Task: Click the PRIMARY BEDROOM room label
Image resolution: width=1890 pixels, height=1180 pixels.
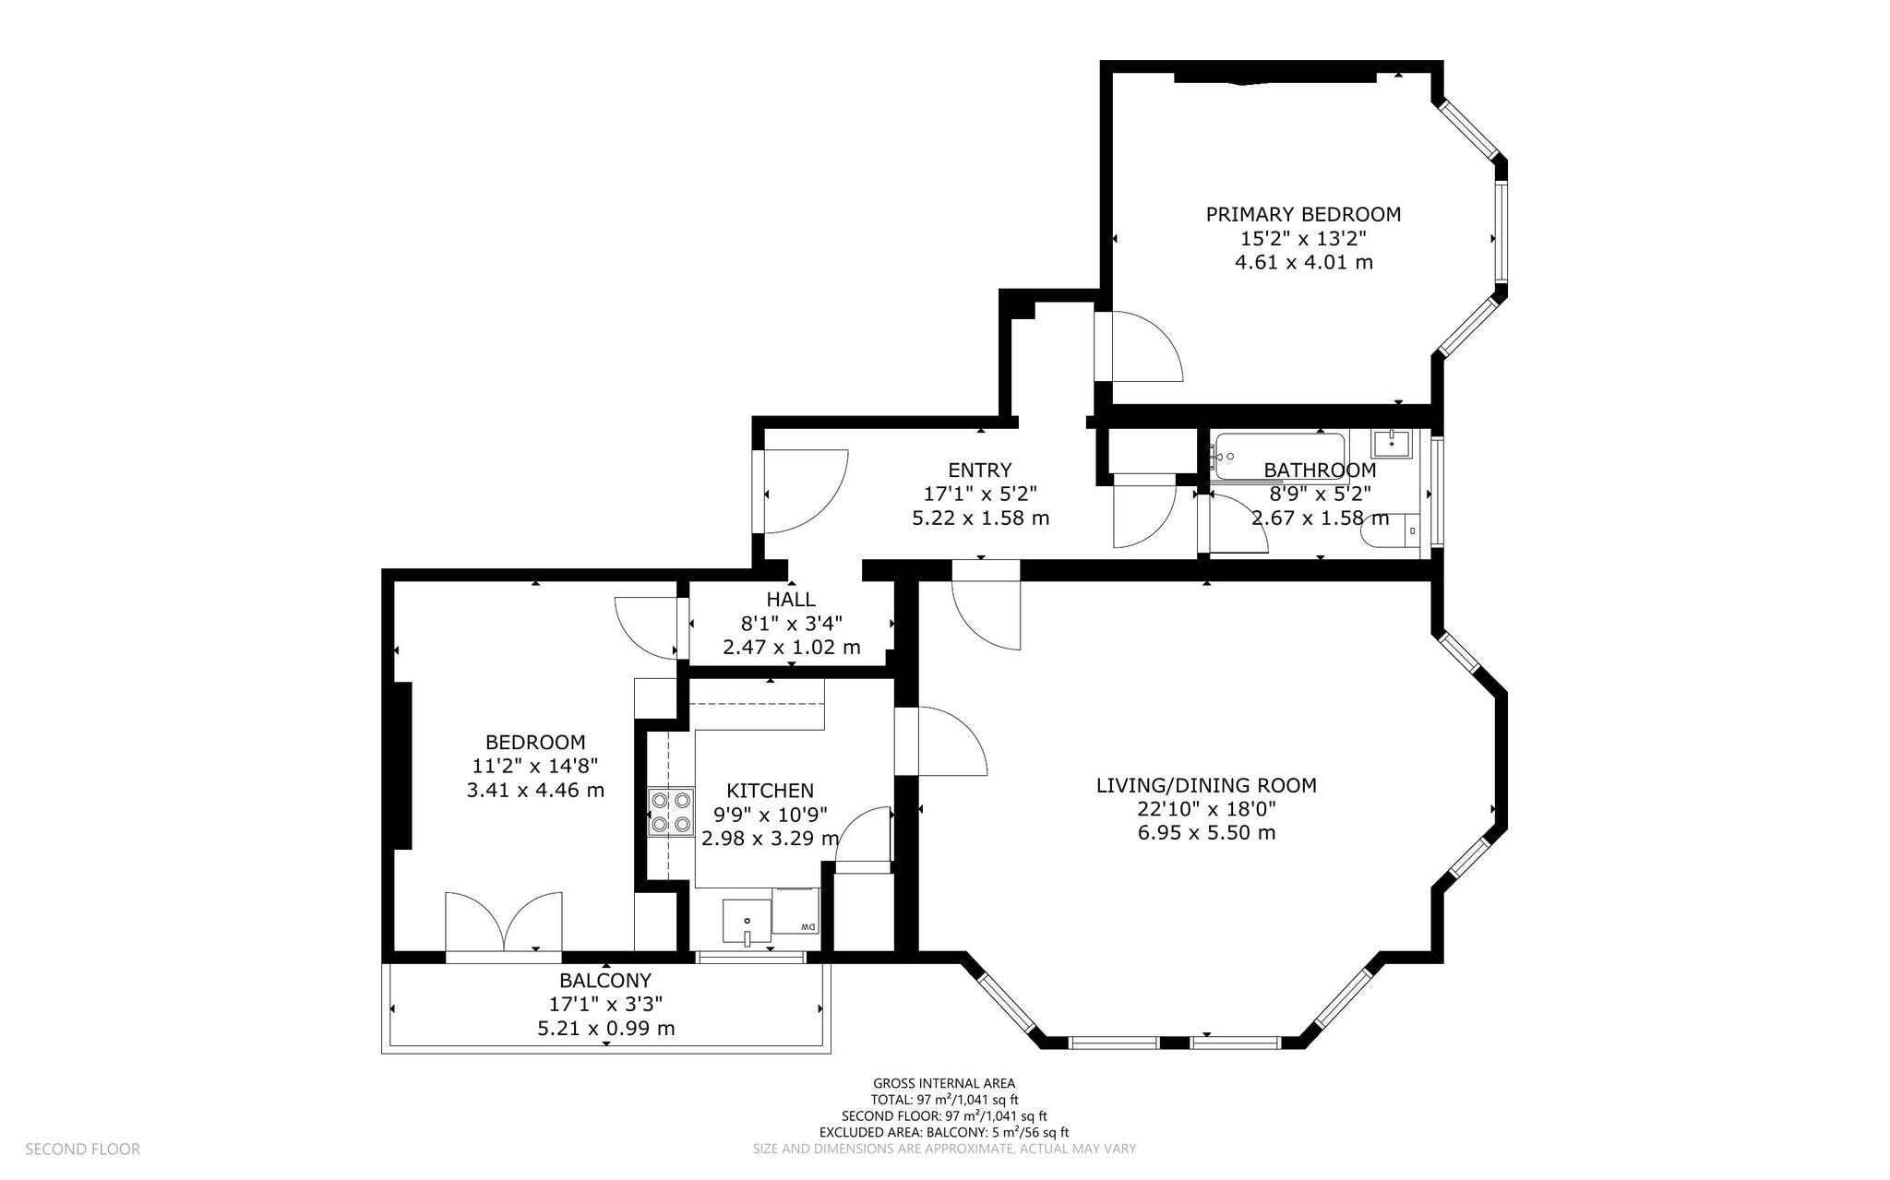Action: pos(1303,215)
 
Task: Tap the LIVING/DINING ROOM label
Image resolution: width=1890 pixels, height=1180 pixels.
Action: pos(1206,786)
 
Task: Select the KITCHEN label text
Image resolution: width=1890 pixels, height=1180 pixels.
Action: pos(770,791)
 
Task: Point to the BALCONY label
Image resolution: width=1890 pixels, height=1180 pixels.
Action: pos(605,981)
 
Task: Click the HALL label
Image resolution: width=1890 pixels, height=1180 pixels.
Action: pos(791,600)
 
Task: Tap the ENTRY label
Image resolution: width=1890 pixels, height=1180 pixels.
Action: pos(980,471)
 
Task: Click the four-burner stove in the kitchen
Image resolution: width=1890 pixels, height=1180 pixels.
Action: pos(671,812)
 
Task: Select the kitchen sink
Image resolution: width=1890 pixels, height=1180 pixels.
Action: pos(748,922)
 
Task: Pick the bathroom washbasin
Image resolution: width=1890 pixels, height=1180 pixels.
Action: pos(1391,443)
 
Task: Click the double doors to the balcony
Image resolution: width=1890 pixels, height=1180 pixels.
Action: pos(503,922)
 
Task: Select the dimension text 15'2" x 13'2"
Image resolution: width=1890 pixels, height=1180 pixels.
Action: pos(1303,239)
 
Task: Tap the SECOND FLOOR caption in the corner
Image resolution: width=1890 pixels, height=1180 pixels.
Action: pos(83,1150)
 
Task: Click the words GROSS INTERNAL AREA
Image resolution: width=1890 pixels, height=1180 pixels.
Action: pos(944,1083)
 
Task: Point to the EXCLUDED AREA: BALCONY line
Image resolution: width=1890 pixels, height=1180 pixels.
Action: pos(944,1132)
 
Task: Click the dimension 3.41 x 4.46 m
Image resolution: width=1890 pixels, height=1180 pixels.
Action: pos(536,790)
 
